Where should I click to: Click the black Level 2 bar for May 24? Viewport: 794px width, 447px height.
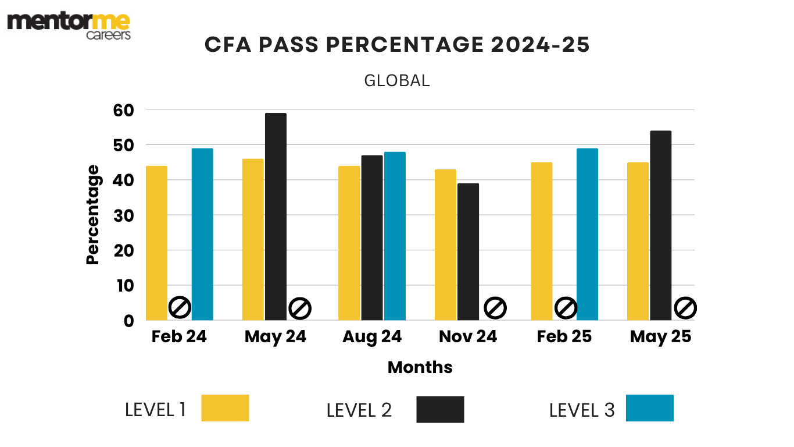[x=276, y=217]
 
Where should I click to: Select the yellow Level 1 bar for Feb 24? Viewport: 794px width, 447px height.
[x=156, y=243]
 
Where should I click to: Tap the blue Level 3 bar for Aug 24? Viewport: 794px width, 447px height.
[x=395, y=236]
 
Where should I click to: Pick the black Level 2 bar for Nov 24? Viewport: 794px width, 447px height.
[x=468, y=251]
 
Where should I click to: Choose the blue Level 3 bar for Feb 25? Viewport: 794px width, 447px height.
[x=587, y=234]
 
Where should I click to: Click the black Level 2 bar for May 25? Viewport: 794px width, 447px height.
[x=661, y=225]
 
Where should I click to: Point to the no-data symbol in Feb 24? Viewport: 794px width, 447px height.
[x=180, y=307]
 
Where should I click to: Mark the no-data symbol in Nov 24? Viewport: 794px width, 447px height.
[x=495, y=307]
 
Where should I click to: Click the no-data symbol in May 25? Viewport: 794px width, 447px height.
[x=685, y=307]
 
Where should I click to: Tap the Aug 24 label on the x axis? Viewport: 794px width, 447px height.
[x=372, y=337]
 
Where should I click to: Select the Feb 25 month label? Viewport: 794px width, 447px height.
[x=564, y=337]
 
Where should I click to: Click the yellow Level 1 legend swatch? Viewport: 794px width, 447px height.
[x=225, y=408]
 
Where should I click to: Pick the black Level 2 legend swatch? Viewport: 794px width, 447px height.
[x=440, y=409]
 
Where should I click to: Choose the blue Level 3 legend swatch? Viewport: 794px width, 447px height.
[x=649, y=408]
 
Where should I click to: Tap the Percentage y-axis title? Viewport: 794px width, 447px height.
[x=93, y=215]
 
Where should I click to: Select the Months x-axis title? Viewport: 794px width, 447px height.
[x=420, y=367]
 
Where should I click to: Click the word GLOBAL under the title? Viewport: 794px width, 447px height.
[x=397, y=81]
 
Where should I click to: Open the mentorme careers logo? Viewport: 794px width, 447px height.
[x=69, y=26]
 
